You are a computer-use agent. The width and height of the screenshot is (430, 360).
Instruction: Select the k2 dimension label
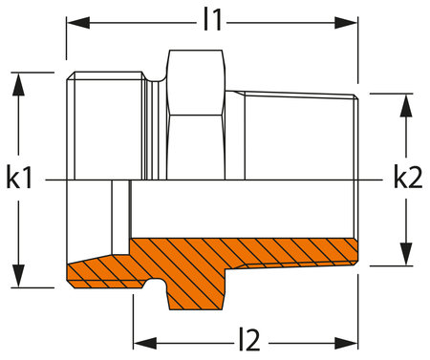coord(407,179)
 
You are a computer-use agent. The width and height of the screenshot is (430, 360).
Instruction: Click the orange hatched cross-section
coord(248,253)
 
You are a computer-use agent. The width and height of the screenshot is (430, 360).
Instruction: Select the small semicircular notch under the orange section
coord(151,284)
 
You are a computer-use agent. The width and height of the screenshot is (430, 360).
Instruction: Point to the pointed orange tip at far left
coord(73,272)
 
